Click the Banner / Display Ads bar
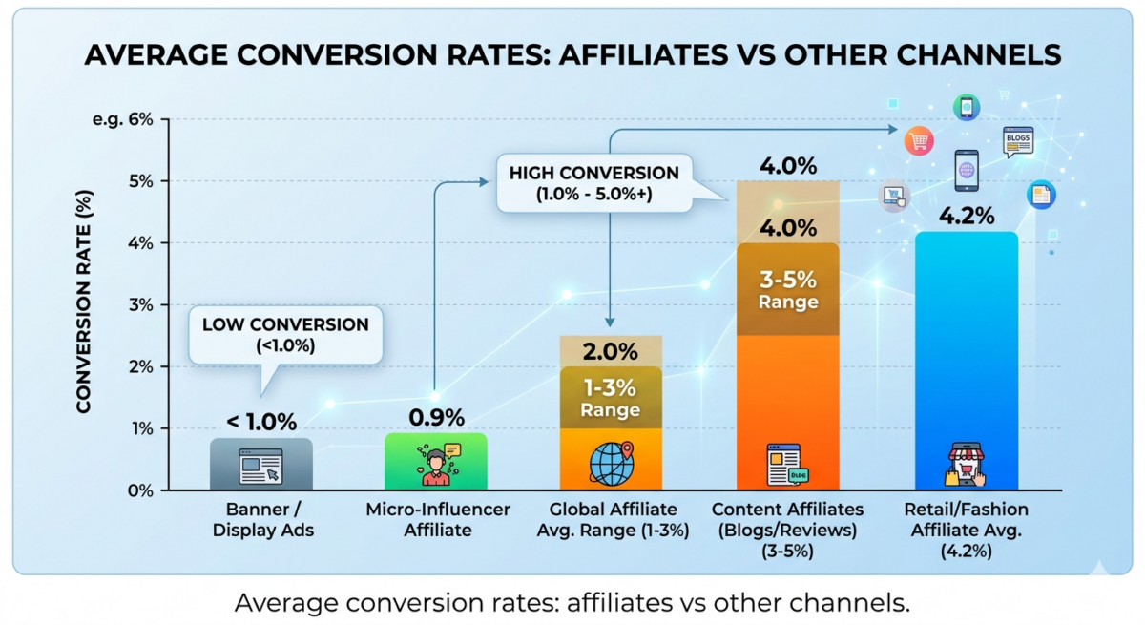260,465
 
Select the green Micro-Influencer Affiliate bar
435,462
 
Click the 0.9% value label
436,418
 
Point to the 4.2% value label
966,214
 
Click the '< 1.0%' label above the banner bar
261,422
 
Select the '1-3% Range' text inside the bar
611,399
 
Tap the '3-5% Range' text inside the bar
787,291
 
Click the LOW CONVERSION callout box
285,334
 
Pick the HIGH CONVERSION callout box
593,184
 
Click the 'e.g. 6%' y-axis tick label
123,119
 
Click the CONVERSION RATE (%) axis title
84,305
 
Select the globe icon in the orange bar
611,463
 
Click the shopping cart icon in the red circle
919,141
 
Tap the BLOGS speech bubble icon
1017,141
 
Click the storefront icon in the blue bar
966,465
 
